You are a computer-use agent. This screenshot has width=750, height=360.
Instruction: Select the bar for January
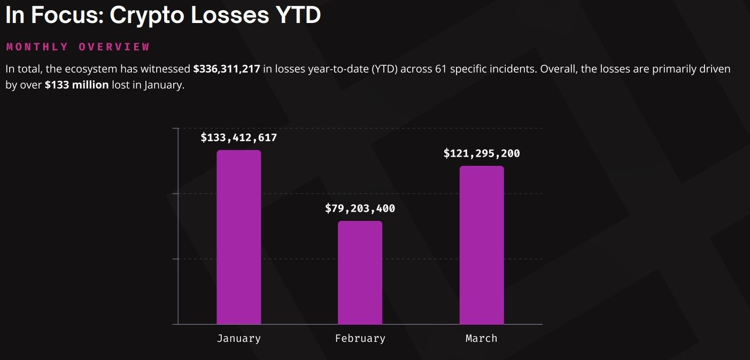point(238,237)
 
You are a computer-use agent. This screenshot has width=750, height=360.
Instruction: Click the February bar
point(360,272)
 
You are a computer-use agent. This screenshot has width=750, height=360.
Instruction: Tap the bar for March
point(482,245)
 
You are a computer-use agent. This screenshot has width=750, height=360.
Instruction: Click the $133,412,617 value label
point(238,137)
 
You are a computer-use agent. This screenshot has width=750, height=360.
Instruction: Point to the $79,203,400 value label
point(360,209)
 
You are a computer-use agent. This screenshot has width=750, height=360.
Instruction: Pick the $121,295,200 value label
point(482,154)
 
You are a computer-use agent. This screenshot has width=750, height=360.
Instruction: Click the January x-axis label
point(238,338)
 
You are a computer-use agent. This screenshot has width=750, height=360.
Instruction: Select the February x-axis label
point(360,338)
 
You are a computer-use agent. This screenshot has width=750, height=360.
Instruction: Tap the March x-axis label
point(482,338)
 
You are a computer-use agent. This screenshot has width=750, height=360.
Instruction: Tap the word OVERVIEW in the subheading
point(114,47)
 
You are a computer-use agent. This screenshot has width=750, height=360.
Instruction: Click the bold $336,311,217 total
point(227,69)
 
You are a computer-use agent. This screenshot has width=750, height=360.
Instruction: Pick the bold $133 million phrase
point(76,85)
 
